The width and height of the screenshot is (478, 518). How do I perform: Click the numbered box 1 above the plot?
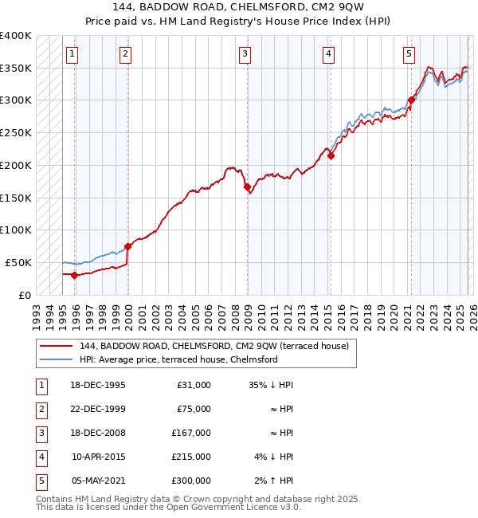[72, 54]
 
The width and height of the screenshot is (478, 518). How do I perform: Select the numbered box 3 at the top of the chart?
[245, 54]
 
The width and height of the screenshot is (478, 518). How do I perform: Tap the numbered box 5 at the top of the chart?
[409, 54]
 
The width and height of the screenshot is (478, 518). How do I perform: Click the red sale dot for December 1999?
[127, 246]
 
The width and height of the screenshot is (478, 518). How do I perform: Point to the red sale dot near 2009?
[247, 186]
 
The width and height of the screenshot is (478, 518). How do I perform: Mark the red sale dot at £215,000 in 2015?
[331, 155]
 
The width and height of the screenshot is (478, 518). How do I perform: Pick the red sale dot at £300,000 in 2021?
[411, 100]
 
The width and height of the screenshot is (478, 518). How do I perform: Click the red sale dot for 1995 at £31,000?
[74, 275]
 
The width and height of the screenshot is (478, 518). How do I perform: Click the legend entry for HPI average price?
[178, 359]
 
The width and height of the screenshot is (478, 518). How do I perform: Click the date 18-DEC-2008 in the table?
[98, 433]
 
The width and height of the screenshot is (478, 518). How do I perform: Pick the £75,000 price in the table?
[193, 409]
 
